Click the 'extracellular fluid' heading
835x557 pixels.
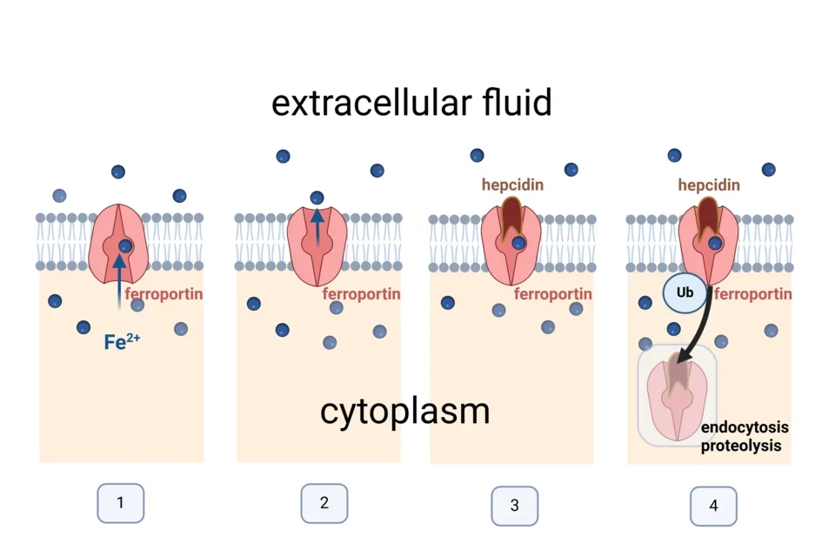point(411,103)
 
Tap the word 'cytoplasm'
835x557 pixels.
point(404,411)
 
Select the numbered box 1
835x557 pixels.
point(120,502)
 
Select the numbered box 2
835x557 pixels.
point(324,502)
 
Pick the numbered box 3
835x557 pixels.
point(514,505)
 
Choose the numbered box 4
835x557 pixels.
point(713,506)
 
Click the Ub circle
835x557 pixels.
point(685,292)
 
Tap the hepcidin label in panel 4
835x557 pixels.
point(709,185)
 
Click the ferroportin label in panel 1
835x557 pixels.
point(164,294)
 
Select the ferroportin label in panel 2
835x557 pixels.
point(361,294)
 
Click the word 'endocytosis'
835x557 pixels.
point(745,427)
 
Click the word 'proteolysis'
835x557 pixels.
point(741,446)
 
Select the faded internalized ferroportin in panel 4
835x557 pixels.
point(676,396)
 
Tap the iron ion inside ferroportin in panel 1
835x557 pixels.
point(125,245)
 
